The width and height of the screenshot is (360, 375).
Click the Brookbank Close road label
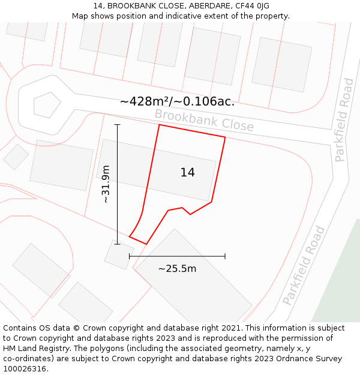(204, 120)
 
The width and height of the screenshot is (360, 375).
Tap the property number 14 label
(188, 173)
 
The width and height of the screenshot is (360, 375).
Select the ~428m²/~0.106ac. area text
(177, 102)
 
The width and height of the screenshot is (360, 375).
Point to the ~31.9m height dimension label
(106, 184)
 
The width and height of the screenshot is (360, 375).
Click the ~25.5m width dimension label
(177, 269)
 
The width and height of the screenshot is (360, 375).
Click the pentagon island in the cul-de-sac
(47, 105)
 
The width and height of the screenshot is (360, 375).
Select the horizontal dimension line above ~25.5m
(177, 256)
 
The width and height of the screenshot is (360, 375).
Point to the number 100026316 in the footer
(25, 369)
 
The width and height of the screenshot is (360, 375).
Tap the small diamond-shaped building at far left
(16, 157)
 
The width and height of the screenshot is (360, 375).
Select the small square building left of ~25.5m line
(119, 254)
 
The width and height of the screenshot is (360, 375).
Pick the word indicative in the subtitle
(199, 16)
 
